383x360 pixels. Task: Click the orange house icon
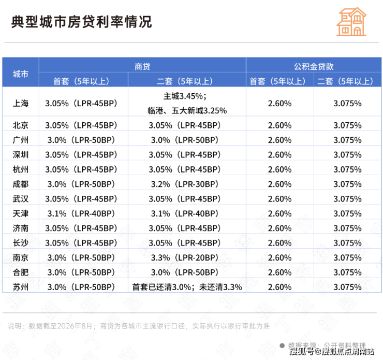[351, 22]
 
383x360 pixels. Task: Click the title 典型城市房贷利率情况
[82, 22]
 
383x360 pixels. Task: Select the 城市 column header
[21, 74]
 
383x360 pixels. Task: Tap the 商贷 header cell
[142, 66]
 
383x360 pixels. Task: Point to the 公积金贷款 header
[314, 66]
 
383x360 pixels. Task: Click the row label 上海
[21, 103]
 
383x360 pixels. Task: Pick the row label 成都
[21, 184]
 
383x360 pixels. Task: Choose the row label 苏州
[21, 287]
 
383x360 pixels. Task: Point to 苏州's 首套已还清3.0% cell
[187, 287]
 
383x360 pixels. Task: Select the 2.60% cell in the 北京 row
[279, 125]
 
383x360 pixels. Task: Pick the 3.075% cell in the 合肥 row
[348, 272]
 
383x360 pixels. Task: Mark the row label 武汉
[21, 199]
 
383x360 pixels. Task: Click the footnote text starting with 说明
[139, 326]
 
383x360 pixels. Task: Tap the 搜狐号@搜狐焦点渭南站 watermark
[332, 351]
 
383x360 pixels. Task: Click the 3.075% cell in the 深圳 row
[348, 155]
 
